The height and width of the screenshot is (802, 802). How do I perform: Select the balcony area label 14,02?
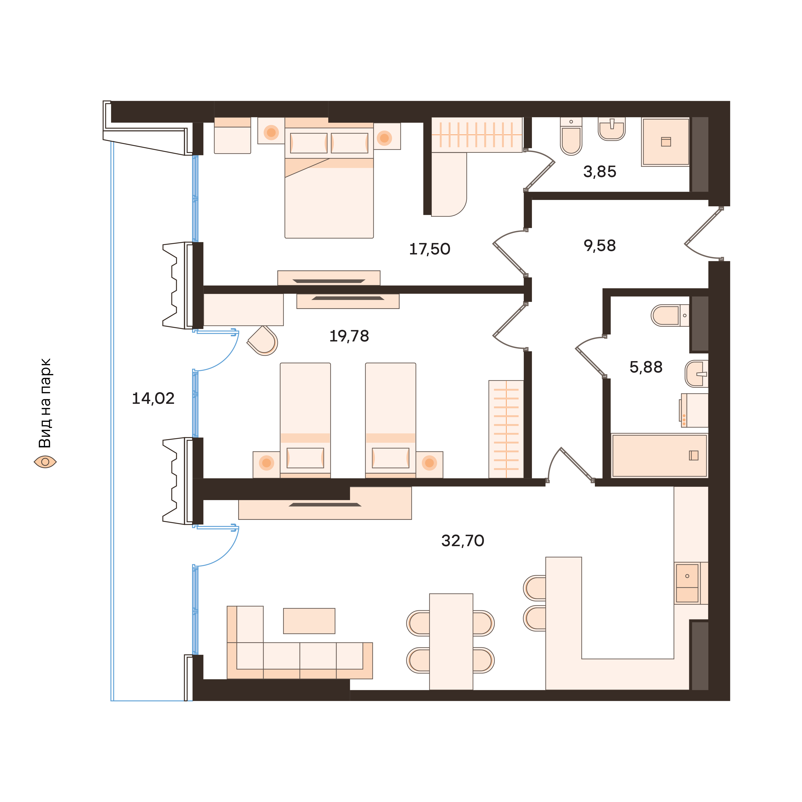(153, 399)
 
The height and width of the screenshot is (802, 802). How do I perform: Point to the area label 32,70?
(462, 541)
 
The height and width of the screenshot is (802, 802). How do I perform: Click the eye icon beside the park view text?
(45, 462)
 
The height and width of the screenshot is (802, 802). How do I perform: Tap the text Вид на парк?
(45, 403)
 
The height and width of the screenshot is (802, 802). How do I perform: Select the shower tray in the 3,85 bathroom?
(665, 142)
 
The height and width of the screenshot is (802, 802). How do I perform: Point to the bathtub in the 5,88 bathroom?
(659, 455)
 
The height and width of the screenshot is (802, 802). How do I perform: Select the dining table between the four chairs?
(451, 641)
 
